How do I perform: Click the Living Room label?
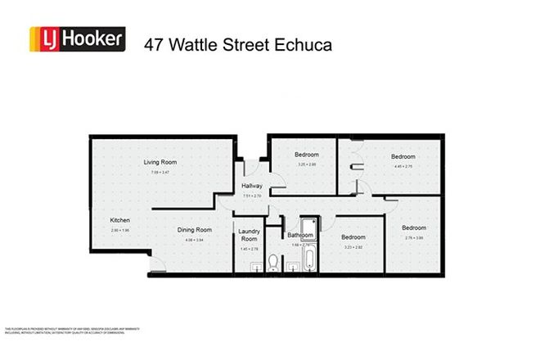pos(160,162)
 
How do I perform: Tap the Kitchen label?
pos(120,220)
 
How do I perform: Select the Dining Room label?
pos(195,230)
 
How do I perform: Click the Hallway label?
pos(252,187)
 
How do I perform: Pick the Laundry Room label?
pos(249,235)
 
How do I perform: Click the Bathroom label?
pos(299,235)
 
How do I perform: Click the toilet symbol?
pos(272,263)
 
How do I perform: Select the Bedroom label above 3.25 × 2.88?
pos(307,154)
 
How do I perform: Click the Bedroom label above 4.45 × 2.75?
pos(403,156)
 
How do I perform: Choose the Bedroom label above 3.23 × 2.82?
pos(353,237)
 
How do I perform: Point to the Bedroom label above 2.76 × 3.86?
pos(413,227)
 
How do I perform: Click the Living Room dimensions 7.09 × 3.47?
pos(160,172)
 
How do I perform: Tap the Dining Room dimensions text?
pos(195,240)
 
